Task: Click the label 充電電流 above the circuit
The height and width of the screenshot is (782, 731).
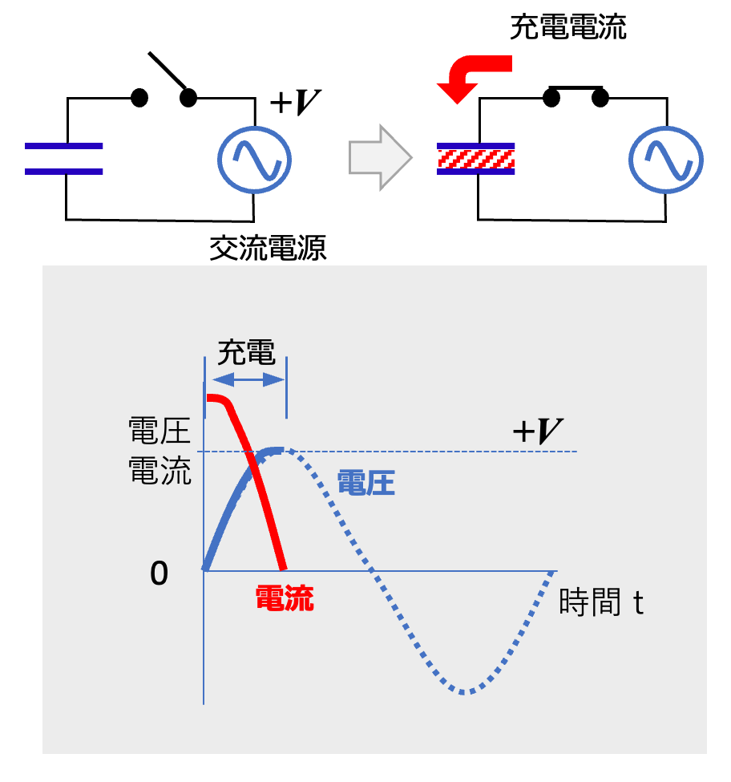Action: tap(568, 29)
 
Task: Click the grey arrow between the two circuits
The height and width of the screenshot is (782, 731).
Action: tap(379, 157)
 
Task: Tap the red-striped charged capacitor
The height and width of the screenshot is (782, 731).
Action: tap(475, 159)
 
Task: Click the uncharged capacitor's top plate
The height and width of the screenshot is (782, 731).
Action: tap(63, 146)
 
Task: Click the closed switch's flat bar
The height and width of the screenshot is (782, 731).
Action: tap(575, 87)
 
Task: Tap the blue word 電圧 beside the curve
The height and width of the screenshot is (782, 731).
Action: tap(365, 484)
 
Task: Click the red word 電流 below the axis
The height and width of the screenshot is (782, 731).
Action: tap(284, 598)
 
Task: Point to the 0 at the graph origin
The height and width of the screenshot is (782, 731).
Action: tap(160, 573)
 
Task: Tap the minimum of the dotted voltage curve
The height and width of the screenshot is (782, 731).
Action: tap(463, 691)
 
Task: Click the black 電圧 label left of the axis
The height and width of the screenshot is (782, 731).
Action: tap(160, 432)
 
